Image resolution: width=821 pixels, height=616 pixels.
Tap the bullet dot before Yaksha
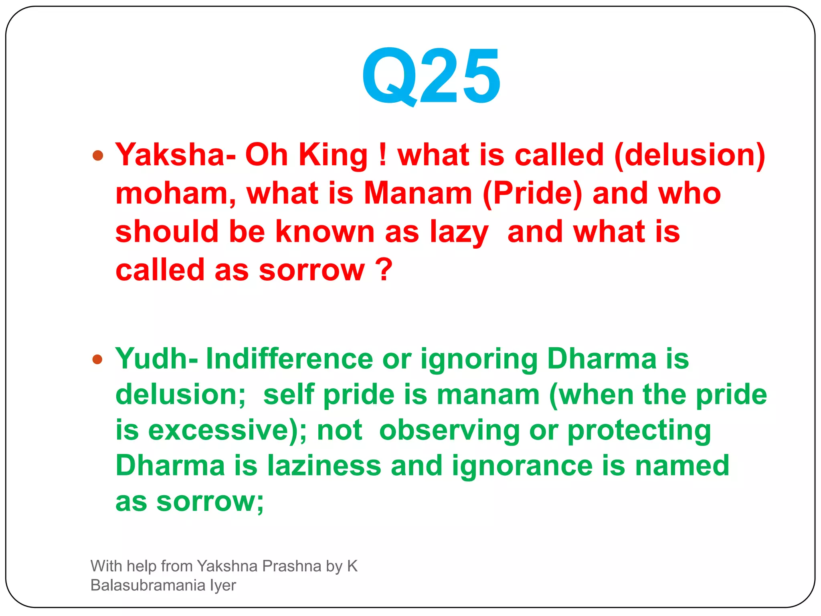(97, 155)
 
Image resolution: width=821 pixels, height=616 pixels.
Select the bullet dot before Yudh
(97, 359)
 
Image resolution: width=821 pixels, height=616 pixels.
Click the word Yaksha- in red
(175, 155)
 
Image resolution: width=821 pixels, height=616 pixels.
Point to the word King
(333, 156)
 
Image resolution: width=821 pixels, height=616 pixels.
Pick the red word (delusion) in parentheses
(690, 156)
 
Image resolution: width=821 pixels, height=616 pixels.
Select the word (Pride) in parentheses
(532, 194)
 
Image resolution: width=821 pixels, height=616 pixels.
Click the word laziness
(324, 466)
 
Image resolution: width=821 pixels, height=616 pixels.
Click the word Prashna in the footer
(291, 566)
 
